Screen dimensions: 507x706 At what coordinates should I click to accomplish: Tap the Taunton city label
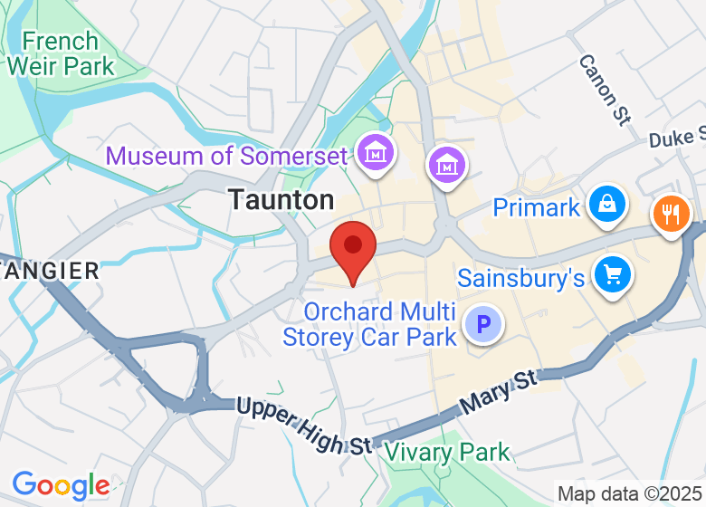(x=281, y=199)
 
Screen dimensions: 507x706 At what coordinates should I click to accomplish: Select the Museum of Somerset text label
(x=226, y=156)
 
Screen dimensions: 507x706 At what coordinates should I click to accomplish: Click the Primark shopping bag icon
(x=605, y=205)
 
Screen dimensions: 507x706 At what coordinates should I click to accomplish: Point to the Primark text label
(x=536, y=207)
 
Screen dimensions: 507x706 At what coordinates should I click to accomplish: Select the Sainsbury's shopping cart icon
(x=613, y=273)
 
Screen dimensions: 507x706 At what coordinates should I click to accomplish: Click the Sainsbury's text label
(x=520, y=277)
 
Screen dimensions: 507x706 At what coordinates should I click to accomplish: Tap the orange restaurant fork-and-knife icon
(x=671, y=215)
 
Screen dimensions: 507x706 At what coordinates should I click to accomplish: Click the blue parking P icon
(x=483, y=323)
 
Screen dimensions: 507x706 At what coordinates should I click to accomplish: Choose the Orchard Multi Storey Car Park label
(x=369, y=325)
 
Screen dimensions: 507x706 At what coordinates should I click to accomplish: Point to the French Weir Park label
(x=61, y=53)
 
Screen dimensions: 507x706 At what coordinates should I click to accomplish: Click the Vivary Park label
(x=446, y=452)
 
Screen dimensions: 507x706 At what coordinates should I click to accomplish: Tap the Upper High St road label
(x=303, y=425)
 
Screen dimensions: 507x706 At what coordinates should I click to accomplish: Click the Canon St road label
(x=604, y=89)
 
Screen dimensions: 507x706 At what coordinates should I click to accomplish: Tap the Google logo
(x=60, y=486)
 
